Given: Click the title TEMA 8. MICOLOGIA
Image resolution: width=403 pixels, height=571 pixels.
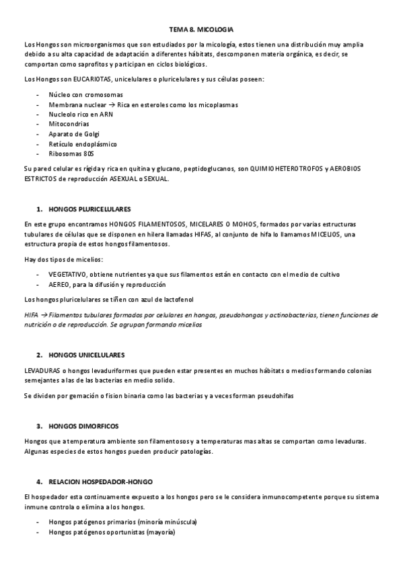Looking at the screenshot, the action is [x=201, y=30].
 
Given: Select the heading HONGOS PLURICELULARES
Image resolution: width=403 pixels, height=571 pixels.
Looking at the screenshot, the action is [x=89, y=209].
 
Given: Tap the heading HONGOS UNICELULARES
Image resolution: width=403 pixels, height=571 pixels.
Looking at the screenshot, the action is [x=87, y=354].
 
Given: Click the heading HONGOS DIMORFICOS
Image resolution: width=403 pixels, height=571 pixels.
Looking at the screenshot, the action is [x=83, y=426].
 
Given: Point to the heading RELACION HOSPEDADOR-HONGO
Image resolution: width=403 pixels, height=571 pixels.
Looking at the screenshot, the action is [x=100, y=482].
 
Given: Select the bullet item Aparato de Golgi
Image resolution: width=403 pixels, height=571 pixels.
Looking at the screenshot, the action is [x=73, y=134].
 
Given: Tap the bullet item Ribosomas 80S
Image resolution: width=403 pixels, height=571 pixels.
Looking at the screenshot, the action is [x=71, y=154].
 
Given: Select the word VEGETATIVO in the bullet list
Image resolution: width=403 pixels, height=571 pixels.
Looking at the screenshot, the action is [x=69, y=274].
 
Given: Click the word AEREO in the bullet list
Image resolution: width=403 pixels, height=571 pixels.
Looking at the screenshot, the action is [x=59, y=284].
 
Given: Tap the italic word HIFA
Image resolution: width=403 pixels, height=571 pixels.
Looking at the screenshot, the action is [x=31, y=314].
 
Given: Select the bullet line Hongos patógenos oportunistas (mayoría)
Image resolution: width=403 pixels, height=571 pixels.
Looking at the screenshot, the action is [x=112, y=533].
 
